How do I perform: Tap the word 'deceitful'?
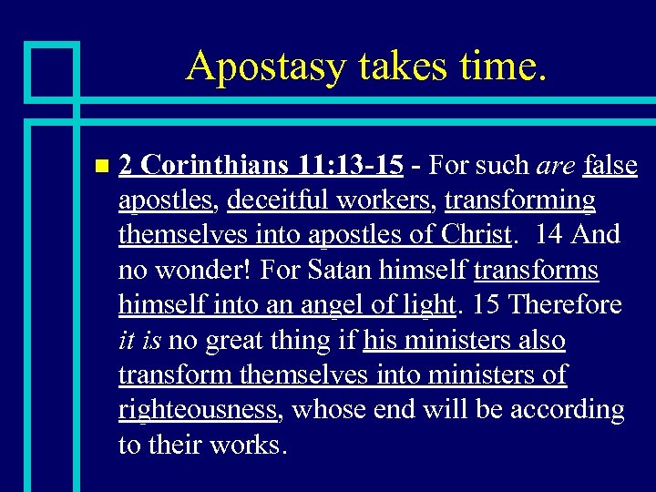[x=279, y=200]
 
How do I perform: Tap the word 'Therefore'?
[x=565, y=304]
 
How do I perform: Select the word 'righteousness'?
[x=198, y=411]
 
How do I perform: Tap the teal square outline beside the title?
[x=51, y=70]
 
